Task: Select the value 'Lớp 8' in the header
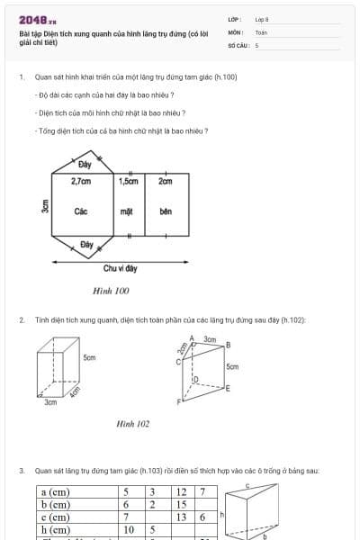(x=262, y=19)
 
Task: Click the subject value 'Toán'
(x=261, y=31)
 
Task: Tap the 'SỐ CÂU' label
(x=237, y=44)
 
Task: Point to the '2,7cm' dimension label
(x=81, y=181)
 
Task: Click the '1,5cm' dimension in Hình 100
(x=128, y=181)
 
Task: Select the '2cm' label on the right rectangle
(x=165, y=181)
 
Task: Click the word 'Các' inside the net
(x=81, y=211)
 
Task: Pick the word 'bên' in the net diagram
(x=165, y=211)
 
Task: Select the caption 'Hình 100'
(x=111, y=291)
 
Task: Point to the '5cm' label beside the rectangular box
(x=89, y=357)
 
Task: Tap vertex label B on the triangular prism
(x=228, y=345)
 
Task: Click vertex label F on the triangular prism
(x=178, y=400)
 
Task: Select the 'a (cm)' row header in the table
(x=56, y=492)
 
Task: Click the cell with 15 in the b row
(x=182, y=505)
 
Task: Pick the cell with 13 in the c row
(x=182, y=517)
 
